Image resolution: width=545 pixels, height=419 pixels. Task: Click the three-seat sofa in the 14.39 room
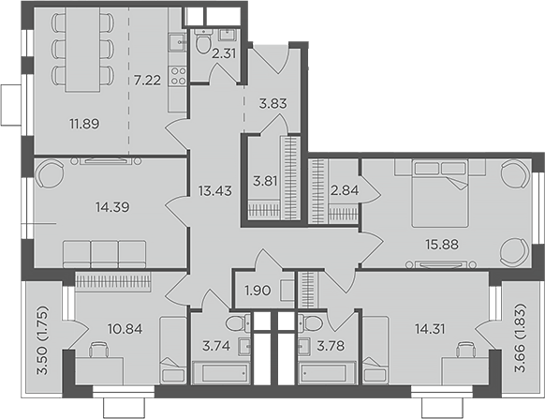pyautogui.click(x=105, y=253)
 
